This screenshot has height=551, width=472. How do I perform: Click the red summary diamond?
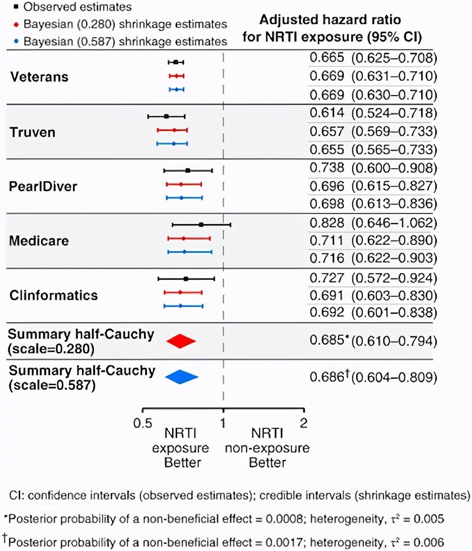pos(181,341)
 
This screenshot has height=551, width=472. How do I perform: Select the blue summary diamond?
pos(182,377)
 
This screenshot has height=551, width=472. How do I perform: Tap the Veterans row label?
pos(39,77)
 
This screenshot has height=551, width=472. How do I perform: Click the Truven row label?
pos(32,132)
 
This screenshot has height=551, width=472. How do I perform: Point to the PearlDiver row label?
pos(43,187)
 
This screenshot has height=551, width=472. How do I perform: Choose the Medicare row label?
pos(39,241)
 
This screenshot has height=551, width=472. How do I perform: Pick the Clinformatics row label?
pos(54,295)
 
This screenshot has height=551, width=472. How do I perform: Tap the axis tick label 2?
pos(304,422)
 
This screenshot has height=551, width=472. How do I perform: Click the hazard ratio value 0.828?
pos(326,223)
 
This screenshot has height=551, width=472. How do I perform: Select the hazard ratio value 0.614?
pos(326,113)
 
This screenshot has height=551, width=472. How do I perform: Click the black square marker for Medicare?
pos(201,225)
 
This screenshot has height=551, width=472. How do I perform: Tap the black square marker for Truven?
pos(166,116)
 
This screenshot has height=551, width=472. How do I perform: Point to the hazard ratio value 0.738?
pos(326,168)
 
